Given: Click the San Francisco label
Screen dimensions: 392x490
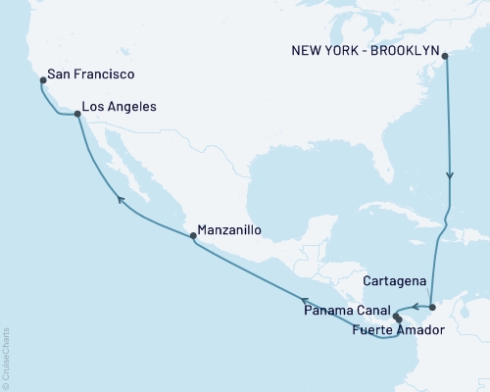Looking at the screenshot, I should (x=91, y=74).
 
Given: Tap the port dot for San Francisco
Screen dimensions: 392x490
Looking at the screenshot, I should (x=43, y=79).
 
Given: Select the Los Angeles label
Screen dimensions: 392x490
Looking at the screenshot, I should (x=120, y=106).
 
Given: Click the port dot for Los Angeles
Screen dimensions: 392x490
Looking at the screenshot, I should (x=77, y=114).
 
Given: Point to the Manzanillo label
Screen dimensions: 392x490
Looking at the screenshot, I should (x=230, y=231).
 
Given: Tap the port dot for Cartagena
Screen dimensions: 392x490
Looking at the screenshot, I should (x=432, y=308).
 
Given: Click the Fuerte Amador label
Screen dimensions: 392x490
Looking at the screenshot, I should (x=397, y=330).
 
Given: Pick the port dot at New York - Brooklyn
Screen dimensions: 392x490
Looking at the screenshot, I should (x=446, y=57).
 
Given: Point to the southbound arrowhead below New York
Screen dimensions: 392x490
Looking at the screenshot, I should (x=450, y=177).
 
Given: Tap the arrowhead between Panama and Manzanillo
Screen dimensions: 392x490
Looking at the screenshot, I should (x=304, y=301).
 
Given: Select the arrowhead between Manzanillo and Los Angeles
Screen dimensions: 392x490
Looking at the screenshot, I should (x=122, y=199).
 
